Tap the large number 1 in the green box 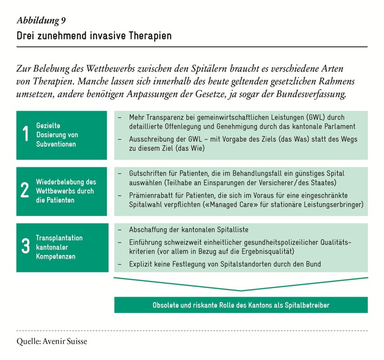pos(25,135)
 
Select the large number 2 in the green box pos(25,191)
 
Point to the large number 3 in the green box pos(25,247)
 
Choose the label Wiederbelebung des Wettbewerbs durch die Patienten pos(65,191)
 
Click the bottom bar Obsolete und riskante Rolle pos(241,305)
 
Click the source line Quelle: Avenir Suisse pos(51,342)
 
